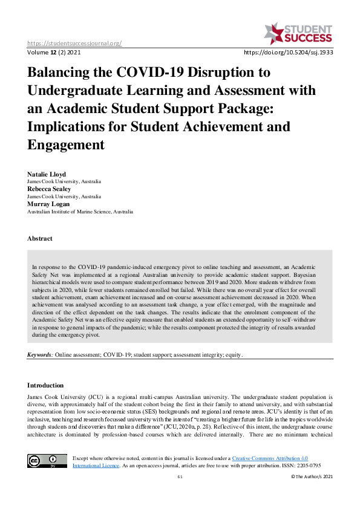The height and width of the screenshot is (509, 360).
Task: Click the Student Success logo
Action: [298, 34]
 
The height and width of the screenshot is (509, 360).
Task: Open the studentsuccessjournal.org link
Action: [75, 43]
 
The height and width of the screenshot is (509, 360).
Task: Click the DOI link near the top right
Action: [288, 53]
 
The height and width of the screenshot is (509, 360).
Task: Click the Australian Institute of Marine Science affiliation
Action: [80, 212]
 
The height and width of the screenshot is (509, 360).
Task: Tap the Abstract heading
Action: [40, 239]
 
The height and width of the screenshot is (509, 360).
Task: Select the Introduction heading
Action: [45, 385]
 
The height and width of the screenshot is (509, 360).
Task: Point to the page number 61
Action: [180, 477]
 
